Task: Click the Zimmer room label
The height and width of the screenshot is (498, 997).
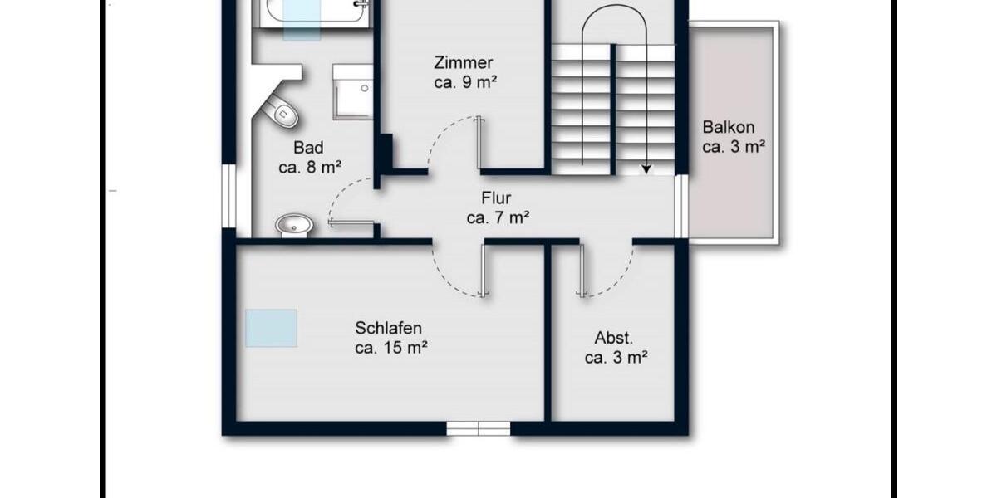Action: pos(464,63)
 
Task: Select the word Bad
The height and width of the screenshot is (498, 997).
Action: pos(308,148)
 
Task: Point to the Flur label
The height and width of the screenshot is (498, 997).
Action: pos(496,198)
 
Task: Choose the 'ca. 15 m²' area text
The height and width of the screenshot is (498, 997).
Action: pos(390,349)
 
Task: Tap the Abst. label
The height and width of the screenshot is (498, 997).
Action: pos(614,339)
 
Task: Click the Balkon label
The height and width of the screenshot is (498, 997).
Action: pos(729,128)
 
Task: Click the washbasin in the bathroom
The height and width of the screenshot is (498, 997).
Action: pos(294,224)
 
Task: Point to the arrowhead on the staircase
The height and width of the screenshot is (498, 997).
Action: pos(646,169)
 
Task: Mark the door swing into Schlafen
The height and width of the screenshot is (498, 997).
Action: pos(457,270)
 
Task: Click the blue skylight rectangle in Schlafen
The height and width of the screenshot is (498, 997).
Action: pos(271,328)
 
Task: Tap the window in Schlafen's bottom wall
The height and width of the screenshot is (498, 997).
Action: pos(478,428)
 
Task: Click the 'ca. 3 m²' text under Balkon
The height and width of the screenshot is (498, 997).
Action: pos(733,147)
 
